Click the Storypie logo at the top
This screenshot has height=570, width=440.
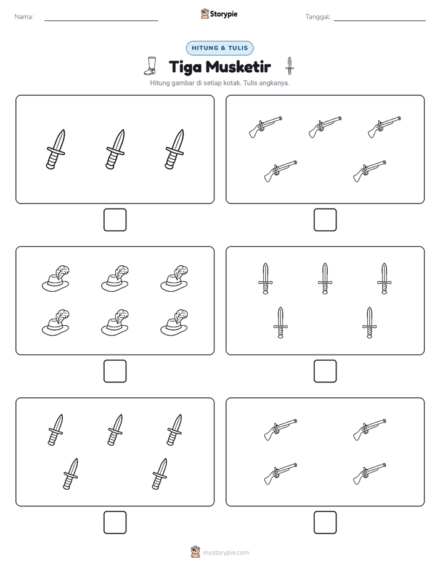click(219, 14)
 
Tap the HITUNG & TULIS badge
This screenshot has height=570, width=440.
click(219, 48)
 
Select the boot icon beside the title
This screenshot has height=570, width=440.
click(150, 66)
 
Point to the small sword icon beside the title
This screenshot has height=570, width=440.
click(290, 66)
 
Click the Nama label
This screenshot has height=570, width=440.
click(24, 17)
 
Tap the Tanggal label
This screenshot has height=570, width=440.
click(317, 17)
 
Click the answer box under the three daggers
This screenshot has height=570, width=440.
click(115, 220)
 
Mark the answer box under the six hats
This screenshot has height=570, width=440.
click(115, 371)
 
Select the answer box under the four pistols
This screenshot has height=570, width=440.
click(325, 522)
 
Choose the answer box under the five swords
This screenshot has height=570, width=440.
click(325, 371)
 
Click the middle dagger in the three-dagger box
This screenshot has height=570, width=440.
click(115, 149)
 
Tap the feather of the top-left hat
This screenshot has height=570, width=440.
click(62, 273)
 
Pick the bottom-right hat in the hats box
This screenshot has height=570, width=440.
click(174, 323)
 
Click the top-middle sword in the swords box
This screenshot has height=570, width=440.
click(325, 278)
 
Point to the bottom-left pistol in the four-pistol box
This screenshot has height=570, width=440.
click(280, 473)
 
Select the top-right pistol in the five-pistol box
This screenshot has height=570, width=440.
click(385, 127)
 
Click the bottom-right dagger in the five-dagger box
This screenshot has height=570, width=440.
click(160, 474)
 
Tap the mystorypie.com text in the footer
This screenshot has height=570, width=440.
click(226, 553)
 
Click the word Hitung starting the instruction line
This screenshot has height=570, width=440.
click(160, 83)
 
